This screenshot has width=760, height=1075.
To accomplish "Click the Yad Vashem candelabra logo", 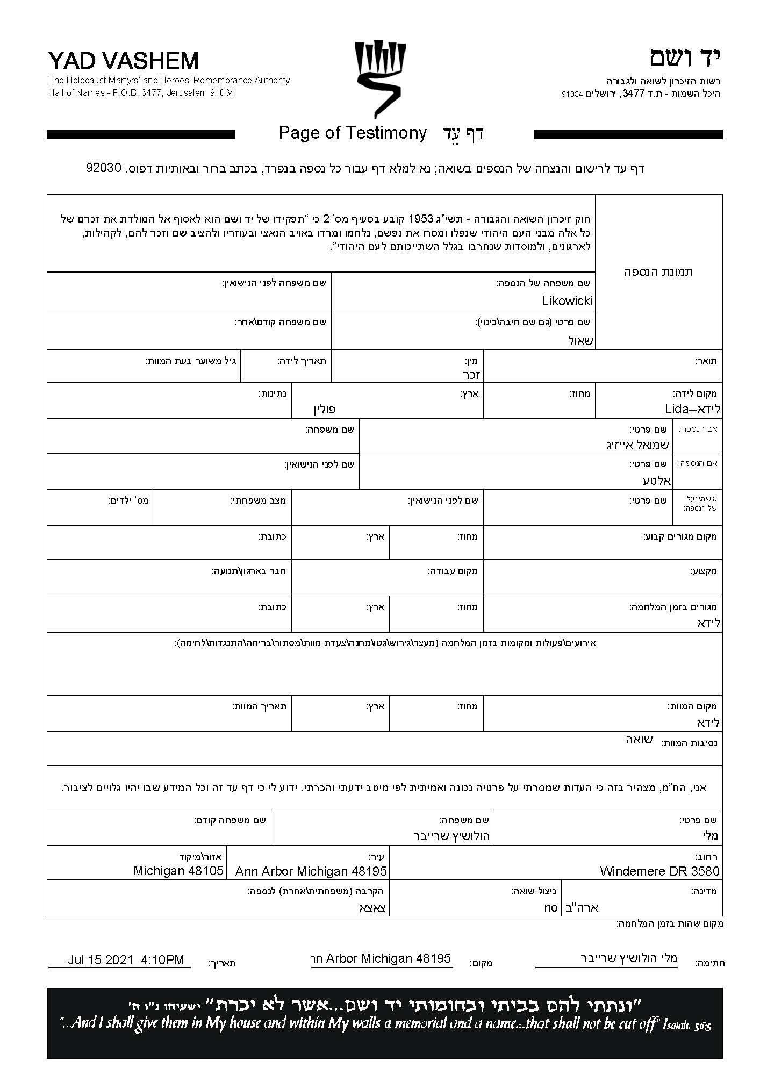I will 379,78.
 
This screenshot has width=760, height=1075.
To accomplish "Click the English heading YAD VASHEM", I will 123,61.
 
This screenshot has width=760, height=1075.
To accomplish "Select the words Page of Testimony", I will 353,133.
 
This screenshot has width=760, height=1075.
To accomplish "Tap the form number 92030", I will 104,168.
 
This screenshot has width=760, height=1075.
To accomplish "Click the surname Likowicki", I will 567,301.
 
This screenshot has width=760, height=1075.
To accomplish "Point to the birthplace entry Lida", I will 692,409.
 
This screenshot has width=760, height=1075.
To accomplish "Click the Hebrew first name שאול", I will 581,341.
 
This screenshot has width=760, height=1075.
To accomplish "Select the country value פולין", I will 325,410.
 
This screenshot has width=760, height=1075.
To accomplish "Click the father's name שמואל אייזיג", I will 637,445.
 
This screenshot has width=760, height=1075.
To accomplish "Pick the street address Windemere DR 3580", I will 659,871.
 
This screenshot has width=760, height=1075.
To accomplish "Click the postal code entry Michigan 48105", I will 178,871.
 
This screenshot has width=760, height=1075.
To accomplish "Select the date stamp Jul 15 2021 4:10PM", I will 126,960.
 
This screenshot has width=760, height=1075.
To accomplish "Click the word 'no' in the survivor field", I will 551,907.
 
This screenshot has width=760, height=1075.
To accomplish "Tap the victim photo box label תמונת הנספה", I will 658,271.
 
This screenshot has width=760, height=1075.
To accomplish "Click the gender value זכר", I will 471,375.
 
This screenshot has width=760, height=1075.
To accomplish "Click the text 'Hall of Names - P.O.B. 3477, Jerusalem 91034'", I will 141,92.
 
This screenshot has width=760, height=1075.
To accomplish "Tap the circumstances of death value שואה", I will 639,740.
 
